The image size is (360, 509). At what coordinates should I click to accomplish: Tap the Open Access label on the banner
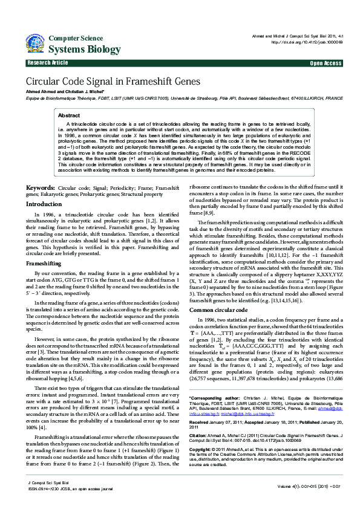326,63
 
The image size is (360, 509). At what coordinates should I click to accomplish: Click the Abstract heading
68,115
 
